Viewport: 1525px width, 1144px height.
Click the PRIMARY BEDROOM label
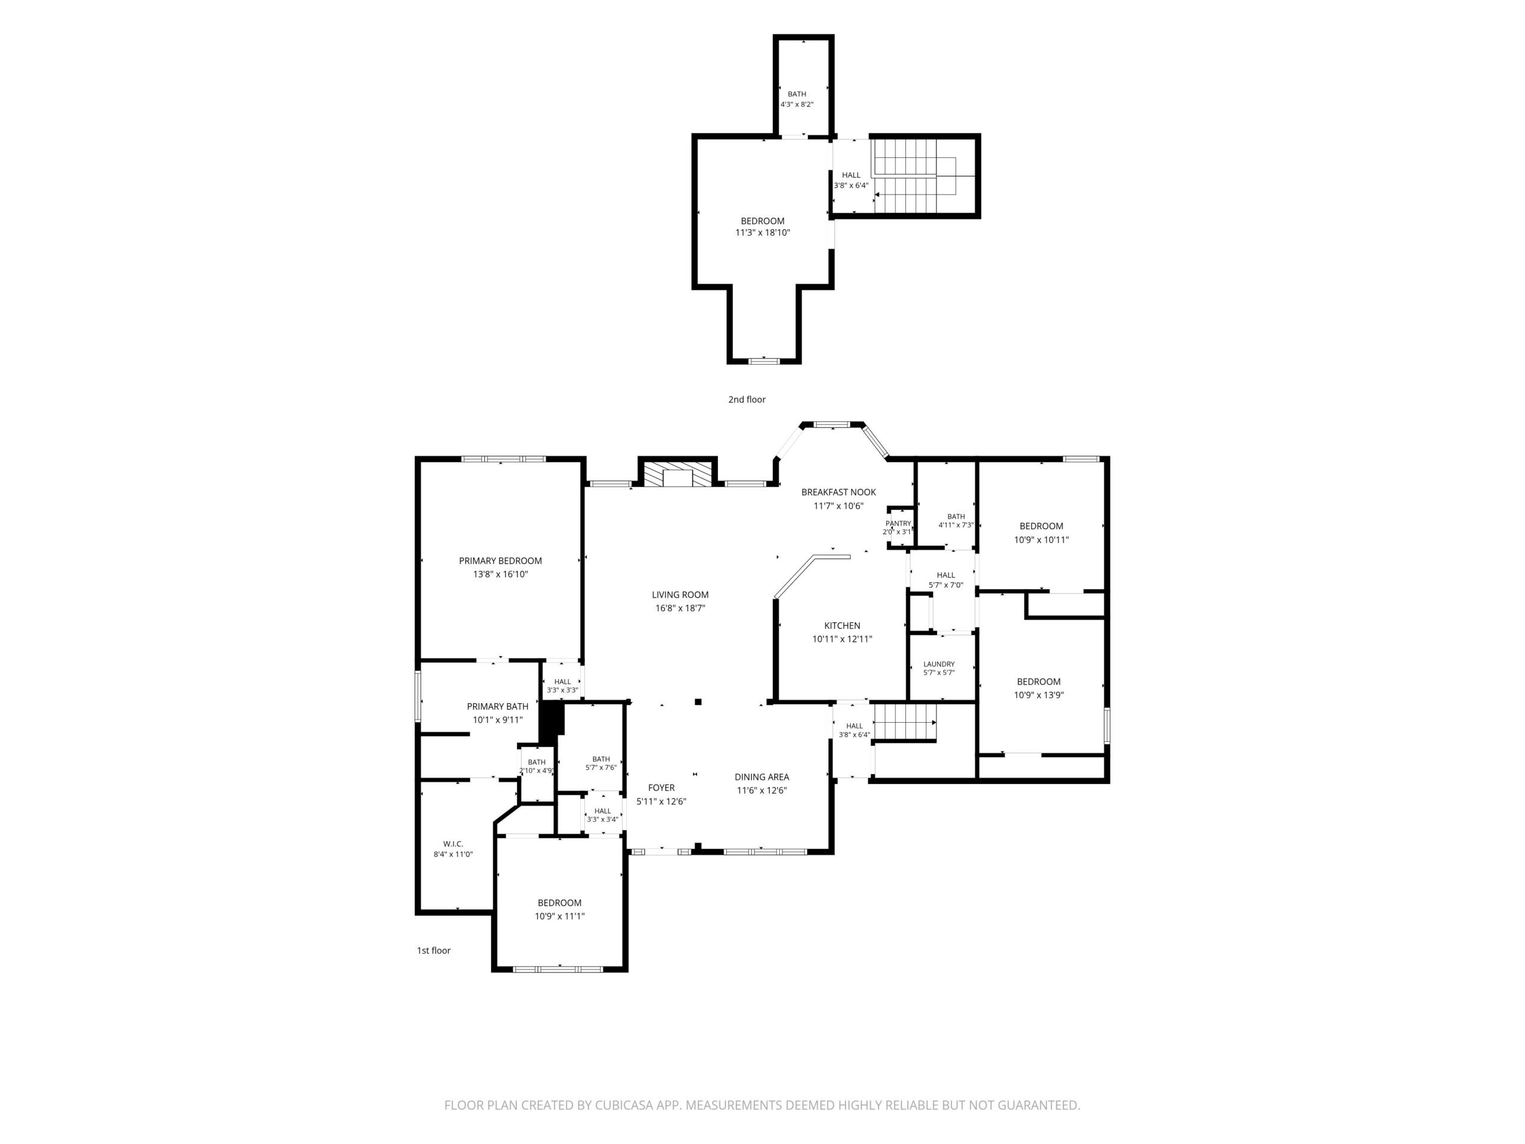click(500, 561)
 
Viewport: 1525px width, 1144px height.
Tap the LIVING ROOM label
click(680, 595)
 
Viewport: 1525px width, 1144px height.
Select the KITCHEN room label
click(842, 626)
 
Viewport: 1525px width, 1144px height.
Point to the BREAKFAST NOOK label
click(838, 492)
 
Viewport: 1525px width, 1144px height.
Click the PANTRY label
click(898, 523)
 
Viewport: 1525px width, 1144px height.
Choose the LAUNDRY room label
click(939, 664)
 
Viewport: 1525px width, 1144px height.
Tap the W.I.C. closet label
click(453, 844)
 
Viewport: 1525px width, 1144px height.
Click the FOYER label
click(661, 788)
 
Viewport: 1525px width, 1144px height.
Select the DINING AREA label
click(762, 776)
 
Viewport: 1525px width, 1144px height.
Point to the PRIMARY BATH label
click(498, 706)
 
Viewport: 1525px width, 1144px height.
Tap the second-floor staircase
click(915, 176)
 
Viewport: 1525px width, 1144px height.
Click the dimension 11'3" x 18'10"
click(762, 233)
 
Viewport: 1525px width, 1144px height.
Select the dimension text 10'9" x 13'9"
click(1038, 695)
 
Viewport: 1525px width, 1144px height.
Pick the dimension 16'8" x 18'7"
click(680, 608)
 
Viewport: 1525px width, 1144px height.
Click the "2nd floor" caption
click(746, 399)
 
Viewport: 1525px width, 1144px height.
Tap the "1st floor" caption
click(434, 950)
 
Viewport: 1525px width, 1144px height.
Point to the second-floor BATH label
click(797, 94)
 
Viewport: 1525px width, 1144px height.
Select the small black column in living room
click(698, 702)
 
